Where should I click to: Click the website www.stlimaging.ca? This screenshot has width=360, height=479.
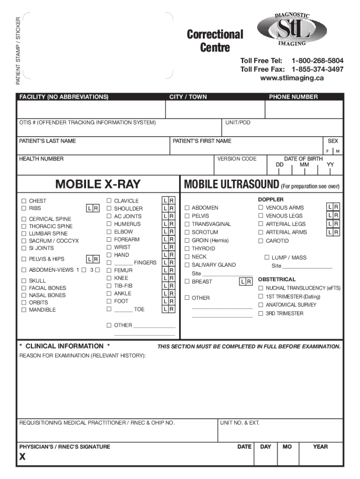(292, 78)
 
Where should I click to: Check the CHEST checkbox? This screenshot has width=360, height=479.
(22, 201)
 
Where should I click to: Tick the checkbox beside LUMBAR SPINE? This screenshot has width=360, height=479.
(22, 233)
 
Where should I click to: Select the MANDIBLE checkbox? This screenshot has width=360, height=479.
(22, 310)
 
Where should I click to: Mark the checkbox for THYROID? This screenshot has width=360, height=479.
(187, 248)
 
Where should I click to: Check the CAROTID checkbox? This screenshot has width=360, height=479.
(261, 241)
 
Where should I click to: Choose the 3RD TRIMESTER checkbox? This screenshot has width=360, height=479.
(261, 313)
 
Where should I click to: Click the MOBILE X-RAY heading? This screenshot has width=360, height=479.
(98, 184)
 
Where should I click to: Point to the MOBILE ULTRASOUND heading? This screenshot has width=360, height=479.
(231, 184)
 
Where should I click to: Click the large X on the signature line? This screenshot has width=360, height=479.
(22, 458)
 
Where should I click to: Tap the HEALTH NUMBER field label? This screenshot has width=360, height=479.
(41, 159)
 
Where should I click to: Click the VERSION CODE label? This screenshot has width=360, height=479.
(237, 159)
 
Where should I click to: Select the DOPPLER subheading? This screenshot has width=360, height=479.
(271, 200)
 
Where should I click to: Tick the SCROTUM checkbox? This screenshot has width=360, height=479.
(187, 232)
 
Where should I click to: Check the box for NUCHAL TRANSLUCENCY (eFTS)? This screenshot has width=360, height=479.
(261, 288)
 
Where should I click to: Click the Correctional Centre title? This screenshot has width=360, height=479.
(215, 41)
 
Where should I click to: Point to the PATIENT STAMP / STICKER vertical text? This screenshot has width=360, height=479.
(18, 51)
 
